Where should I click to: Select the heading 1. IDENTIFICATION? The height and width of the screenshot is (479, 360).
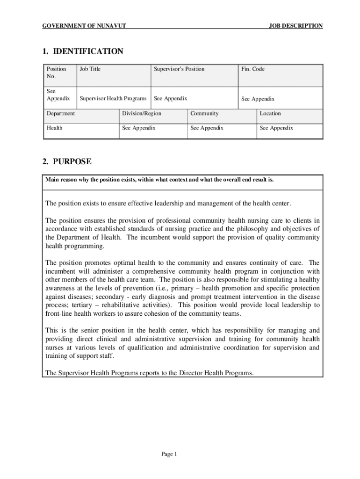click(83, 51)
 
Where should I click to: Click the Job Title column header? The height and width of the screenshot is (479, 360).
click(90, 69)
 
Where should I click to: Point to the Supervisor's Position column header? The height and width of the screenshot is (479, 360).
click(179, 69)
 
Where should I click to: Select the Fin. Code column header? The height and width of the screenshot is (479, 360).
click(252, 69)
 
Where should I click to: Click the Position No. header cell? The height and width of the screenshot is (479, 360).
click(56, 73)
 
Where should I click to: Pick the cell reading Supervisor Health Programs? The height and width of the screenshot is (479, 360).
click(113, 99)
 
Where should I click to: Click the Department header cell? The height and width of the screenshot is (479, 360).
click(61, 114)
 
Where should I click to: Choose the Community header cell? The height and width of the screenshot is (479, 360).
click(204, 114)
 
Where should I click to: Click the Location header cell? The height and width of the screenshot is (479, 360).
click(270, 114)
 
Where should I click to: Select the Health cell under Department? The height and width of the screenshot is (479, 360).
click(54, 128)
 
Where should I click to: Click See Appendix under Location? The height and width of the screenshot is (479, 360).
click(276, 128)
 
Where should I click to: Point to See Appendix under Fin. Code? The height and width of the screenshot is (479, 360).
click(258, 99)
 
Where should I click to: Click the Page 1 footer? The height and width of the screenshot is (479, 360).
click(168, 454)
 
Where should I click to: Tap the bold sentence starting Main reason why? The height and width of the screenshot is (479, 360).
click(159, 180)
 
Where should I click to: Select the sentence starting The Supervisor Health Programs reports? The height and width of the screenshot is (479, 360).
click(149, 373)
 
